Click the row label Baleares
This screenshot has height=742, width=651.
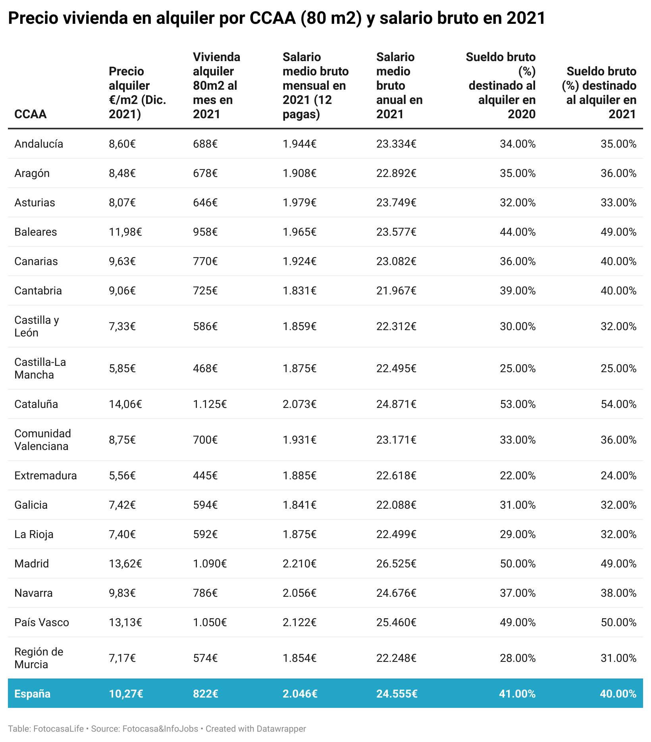coord(35,232)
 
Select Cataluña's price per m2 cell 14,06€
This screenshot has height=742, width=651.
coord(125,404)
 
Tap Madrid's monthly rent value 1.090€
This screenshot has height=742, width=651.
coord(210,563)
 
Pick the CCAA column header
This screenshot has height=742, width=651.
coord(30,114)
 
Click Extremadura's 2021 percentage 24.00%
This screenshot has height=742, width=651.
coord(618,475)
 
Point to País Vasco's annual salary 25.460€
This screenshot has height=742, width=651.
coord(396,622)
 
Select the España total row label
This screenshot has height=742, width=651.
coord(32,694)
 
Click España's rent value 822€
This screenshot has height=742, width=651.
coord(205,694)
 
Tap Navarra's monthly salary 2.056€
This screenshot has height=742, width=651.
coord(299,593)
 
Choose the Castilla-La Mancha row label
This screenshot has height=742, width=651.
coord(40,368)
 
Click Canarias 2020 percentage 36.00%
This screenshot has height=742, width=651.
coord(517,261)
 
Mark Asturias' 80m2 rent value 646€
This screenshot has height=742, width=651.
coord(205,202)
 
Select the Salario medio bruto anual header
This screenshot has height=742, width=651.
coord(399,85)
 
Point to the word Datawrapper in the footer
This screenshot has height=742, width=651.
coord(281,729)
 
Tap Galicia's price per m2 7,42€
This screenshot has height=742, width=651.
coord(122,505)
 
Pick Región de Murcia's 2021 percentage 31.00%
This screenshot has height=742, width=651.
coord(618,658)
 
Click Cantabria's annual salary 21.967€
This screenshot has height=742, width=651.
coord(396,290)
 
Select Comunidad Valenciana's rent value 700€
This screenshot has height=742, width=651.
coord(205,440)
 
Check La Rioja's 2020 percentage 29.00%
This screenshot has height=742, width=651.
coord(517,534)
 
